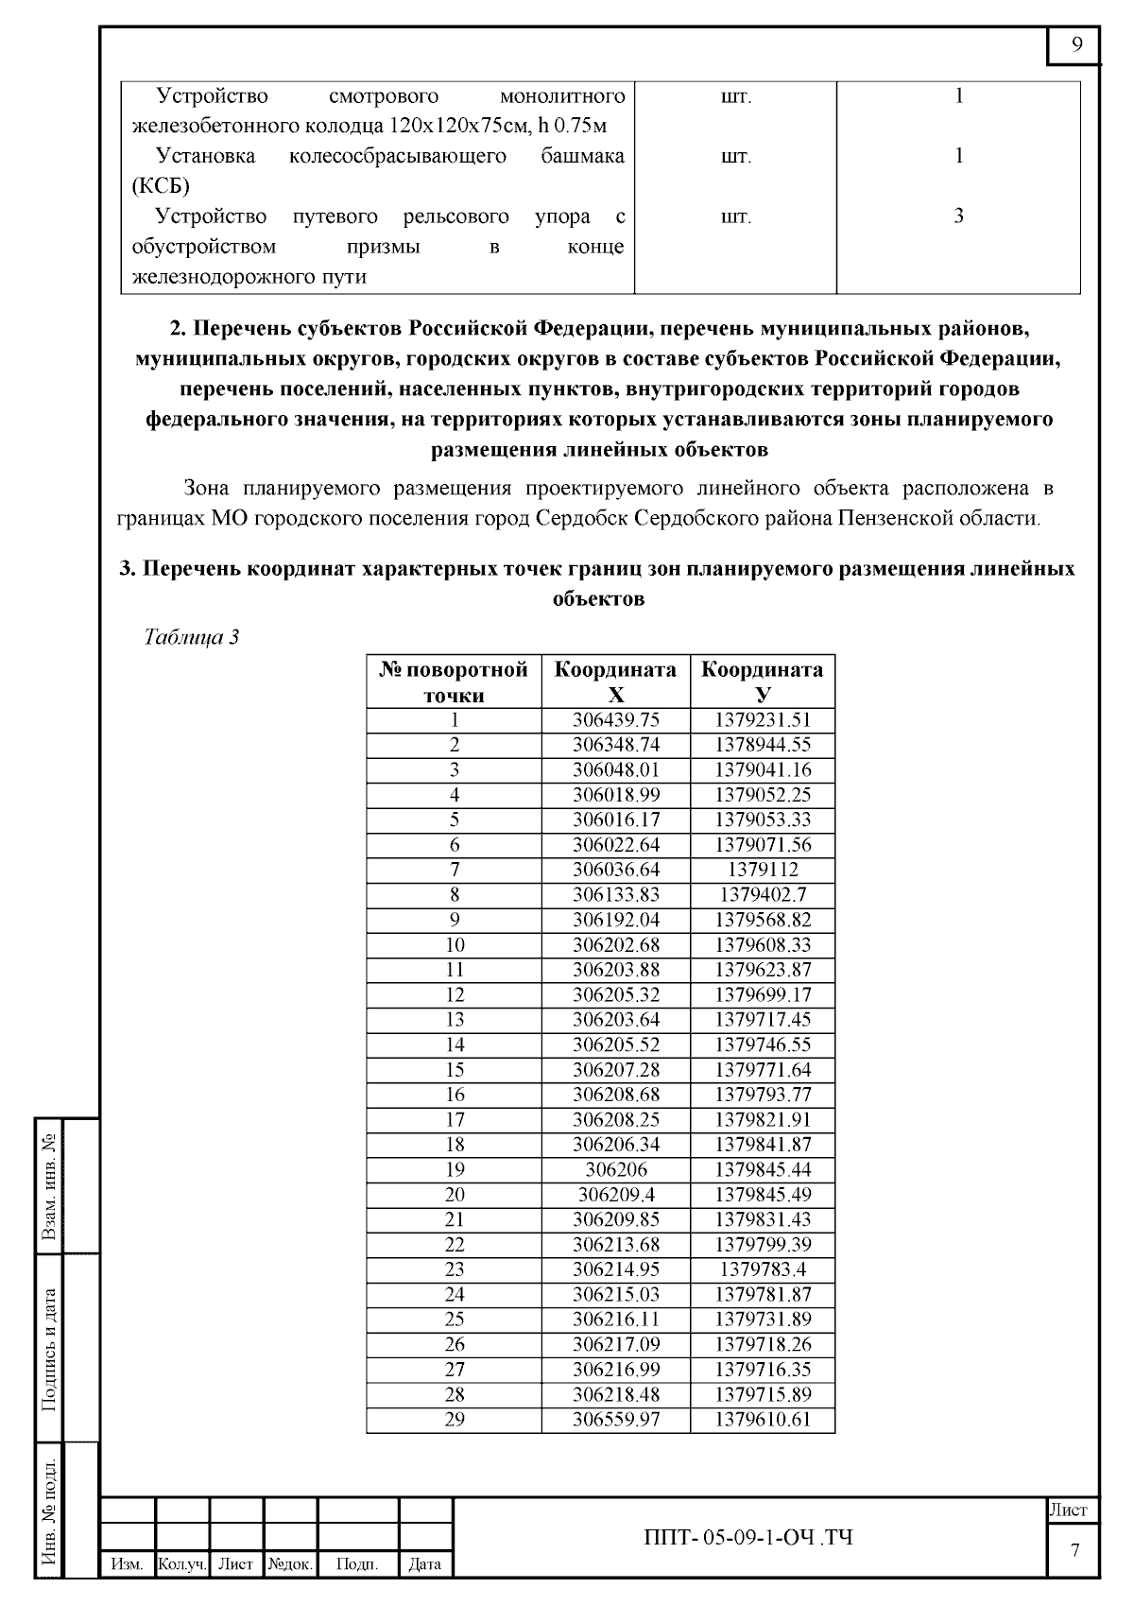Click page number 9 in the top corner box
[1076, 46]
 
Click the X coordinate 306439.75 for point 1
[616, 719]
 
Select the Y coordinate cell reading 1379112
[763, 870]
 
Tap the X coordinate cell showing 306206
[616, 1169]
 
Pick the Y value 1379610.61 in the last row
[763, 1419]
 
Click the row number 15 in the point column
[455, 1069]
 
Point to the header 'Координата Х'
[616, 682]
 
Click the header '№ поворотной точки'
[455, 682]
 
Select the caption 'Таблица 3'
[191, 637]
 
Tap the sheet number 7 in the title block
[1074, 1549]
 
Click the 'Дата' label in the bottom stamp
[424, 1564]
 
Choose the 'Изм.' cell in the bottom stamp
[127, 1564]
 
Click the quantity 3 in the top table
[958, 216]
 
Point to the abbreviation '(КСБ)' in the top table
[161, 184]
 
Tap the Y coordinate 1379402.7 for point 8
[763, 894]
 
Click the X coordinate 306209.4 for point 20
[616, 1194]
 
